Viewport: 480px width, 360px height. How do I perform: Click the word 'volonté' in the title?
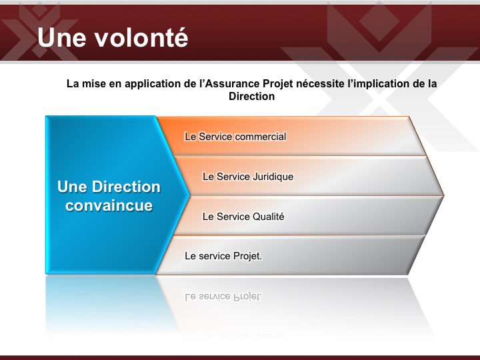pos(141,37)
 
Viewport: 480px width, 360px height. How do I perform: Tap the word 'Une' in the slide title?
pos(62,37)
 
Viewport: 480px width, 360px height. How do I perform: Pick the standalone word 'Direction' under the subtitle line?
pos(251,96)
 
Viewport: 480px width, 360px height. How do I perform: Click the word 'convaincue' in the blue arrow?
pos(109,205)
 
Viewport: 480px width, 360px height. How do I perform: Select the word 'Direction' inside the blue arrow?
pos(126,187)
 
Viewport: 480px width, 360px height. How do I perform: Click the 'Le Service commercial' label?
pos(235,137)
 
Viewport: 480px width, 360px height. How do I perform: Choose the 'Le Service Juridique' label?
pos(248,177)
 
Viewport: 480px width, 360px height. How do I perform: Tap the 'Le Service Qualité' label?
pos(243,217)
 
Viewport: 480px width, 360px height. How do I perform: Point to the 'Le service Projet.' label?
pos(223,256)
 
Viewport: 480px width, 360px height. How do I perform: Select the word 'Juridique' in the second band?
pos(273,177)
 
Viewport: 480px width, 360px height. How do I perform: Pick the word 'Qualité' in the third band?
pos(269,217)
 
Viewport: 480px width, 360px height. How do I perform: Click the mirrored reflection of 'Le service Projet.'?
pos(223,297)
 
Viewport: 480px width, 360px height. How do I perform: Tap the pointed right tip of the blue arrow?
pos(189,195)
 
